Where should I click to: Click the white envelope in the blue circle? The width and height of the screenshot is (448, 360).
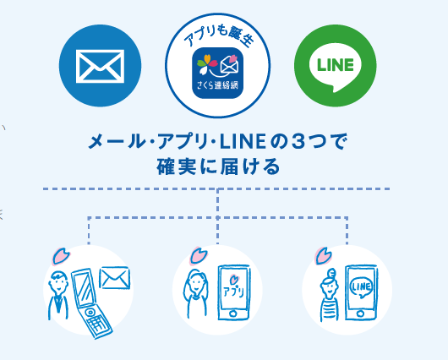point(100,66)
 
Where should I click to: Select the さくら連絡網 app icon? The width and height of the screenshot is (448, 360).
point(218,73)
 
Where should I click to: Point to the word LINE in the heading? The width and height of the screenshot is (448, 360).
point(243,142)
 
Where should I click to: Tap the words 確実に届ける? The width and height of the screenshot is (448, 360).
point(218,166)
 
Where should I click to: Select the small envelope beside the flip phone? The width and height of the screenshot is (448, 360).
point(114,278)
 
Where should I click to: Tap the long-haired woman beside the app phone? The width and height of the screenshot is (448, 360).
point(196,293)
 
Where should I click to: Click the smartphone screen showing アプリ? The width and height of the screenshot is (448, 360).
point(233,287)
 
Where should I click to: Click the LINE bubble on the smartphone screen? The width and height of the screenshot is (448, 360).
point(361,287)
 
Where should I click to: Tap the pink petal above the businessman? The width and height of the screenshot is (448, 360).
point(61,256)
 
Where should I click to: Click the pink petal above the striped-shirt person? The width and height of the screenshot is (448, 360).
point(323,256)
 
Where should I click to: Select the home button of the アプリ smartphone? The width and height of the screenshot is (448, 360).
point(233,314)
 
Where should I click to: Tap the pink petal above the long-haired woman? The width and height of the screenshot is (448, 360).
point(199,255)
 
